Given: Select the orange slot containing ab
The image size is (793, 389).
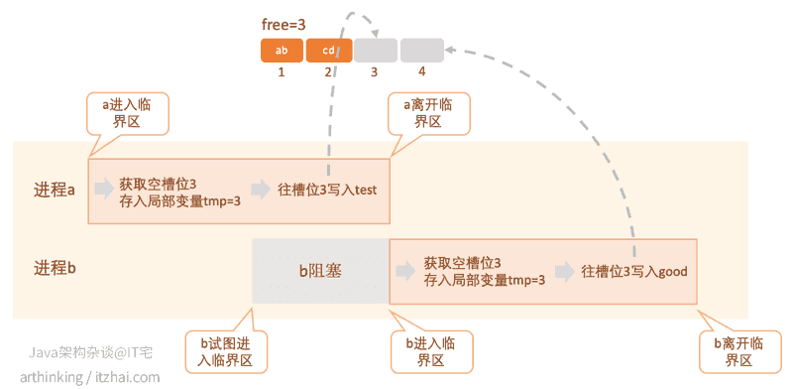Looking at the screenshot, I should point(282,51).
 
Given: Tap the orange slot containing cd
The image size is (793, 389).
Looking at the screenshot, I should point(328,51).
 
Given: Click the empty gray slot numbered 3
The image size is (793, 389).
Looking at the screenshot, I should point(375,51).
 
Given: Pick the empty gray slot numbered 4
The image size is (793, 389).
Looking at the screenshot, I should point(421,51).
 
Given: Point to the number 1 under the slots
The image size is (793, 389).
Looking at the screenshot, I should point(282,72).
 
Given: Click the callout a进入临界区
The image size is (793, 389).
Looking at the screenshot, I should point(127,113).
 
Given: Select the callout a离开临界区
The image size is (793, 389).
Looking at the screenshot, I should point(427,113).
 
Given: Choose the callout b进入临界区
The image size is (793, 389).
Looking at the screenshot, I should point(429,351).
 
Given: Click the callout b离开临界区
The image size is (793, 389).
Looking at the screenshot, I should point(738,351).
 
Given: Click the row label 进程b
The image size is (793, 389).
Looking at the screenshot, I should point(55,268).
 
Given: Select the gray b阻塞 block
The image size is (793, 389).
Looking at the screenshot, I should point(320,271).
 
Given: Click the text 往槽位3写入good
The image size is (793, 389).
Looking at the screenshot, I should point(634,271).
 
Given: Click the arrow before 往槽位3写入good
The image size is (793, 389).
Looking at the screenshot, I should point(565,271).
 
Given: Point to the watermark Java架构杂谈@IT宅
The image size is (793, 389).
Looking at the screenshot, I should point(89,353).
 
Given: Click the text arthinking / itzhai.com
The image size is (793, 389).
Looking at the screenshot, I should point(89,376).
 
